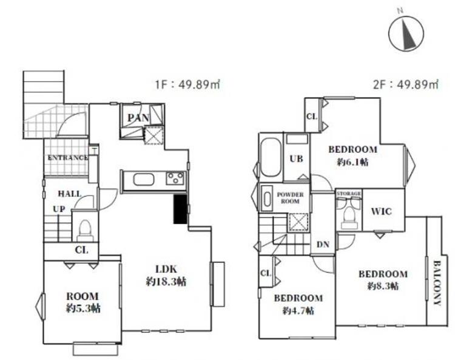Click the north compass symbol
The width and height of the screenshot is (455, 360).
tap(406, 32)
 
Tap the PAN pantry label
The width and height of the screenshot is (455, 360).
tap(138, 118)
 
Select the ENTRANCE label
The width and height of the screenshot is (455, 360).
tap(67, 158)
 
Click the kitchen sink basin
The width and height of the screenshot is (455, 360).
tap(143, 180)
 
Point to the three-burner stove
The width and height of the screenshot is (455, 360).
tap(175, 178)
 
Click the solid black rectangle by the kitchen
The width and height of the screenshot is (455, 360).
tap(180, 209)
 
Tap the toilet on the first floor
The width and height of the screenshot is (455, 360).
tap(85, 231)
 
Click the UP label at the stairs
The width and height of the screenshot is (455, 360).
tap(59, 209)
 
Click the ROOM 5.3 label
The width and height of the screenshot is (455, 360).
tap(83, 302)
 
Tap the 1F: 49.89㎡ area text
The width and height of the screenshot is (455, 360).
tap(187, 84)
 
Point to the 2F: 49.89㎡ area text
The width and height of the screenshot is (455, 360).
tap(406, 84)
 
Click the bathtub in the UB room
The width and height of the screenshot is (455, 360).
tap(271, 158)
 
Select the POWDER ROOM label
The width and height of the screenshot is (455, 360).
tap(290, 198)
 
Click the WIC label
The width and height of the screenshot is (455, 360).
tap(382, 211)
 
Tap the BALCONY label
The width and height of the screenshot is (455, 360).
tap(437, 283)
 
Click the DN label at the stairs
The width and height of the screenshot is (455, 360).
tap(323, 245)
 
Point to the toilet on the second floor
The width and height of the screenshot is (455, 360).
tap(348, 215)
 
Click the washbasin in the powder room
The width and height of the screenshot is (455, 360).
tap(267, 199)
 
